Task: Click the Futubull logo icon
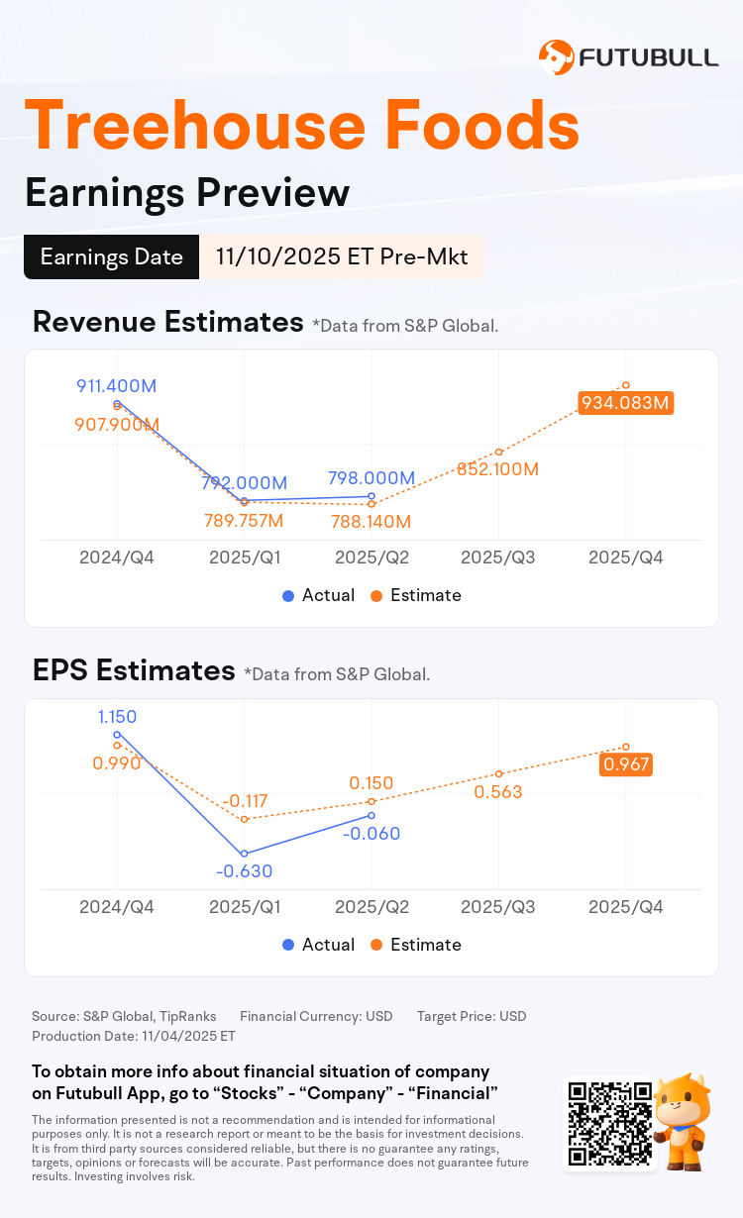tap(556, 57)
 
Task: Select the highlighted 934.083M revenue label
tap(626, 403)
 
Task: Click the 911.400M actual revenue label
tap(117, 386)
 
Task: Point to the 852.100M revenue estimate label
tap(498, 468)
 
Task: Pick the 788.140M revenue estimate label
tap(371, 521)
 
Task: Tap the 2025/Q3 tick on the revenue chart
tap(498, 557)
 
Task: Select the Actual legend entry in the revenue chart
tap(318, 595)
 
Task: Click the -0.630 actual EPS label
tap(244, 871)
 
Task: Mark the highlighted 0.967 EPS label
tap(626, 764)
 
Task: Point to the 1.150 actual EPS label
tap(117, 717)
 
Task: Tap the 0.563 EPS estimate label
tap(498, 792)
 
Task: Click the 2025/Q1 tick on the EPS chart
tap(244, 906)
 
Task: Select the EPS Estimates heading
tap(134, 670)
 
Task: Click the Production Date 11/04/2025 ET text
tap(134, 1036)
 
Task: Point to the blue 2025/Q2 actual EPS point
tap(371, 815)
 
